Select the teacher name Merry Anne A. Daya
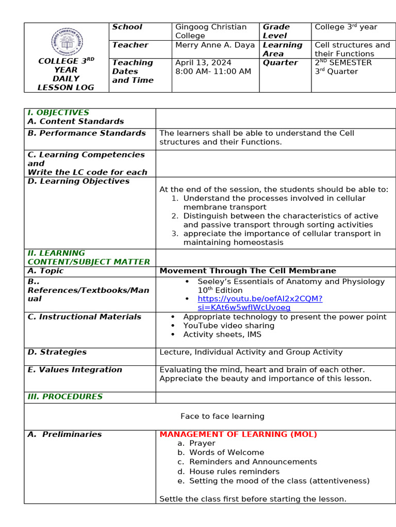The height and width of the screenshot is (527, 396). [x=214, y=45]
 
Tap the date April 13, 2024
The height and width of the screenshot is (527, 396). [x=203, y=63]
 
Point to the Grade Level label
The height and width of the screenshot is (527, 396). [x=276, y=31]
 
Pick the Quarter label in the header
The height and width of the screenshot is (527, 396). [x=280, y=63]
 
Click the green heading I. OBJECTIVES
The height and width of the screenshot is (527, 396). [x=58, y=113]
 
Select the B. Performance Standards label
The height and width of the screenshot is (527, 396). [x=87, y=133]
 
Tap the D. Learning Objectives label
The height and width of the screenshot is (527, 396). [x=78, y=181]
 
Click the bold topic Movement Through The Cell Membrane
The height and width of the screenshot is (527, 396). [x=247, y=271]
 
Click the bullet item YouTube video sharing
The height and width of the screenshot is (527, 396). [x=228, y=326]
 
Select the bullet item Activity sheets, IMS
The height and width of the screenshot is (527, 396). [x=222, y=335]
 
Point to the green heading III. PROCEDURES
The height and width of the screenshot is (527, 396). [x=65, y=397]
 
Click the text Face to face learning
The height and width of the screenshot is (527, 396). [x=222, y=416]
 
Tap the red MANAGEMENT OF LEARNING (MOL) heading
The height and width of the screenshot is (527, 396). [x=238, y=434]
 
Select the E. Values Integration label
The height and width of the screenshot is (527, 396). [x=75, y=370]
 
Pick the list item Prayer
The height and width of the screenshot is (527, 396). [x=202, y=443]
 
